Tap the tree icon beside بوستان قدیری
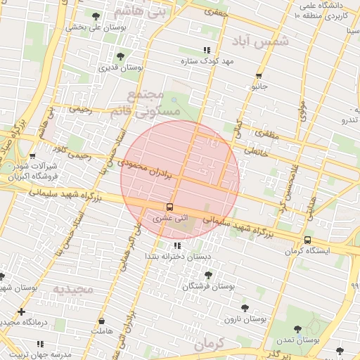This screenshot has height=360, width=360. tap(120, 56)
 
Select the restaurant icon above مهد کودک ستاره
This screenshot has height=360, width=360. tap(206, 50)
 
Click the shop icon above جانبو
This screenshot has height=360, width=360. tap(259, 75)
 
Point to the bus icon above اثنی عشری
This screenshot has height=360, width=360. tap(169, 207)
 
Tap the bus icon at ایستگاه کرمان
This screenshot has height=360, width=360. tap(307, 240)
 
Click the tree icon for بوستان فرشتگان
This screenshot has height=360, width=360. tap(207, 275)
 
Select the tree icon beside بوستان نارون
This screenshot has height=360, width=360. tap(245, 307)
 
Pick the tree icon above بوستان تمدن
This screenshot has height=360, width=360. tap(297, 328)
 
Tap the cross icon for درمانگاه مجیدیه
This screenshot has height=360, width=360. tap(22, 311)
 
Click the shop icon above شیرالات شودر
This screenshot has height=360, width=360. tap(32, 156)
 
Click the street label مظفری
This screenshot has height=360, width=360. tap(267, 133)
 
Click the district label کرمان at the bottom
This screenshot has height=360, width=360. tap(210, 345)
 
